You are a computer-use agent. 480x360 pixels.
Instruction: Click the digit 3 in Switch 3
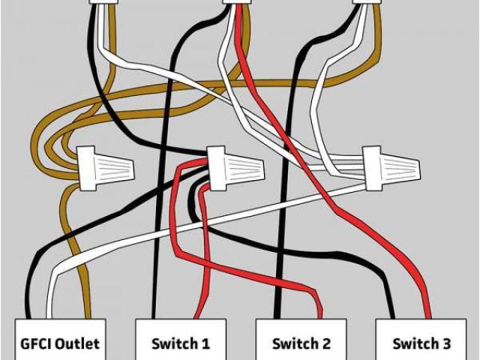tap(446, 344)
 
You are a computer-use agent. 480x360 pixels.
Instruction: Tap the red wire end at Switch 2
tap(320, 315)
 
